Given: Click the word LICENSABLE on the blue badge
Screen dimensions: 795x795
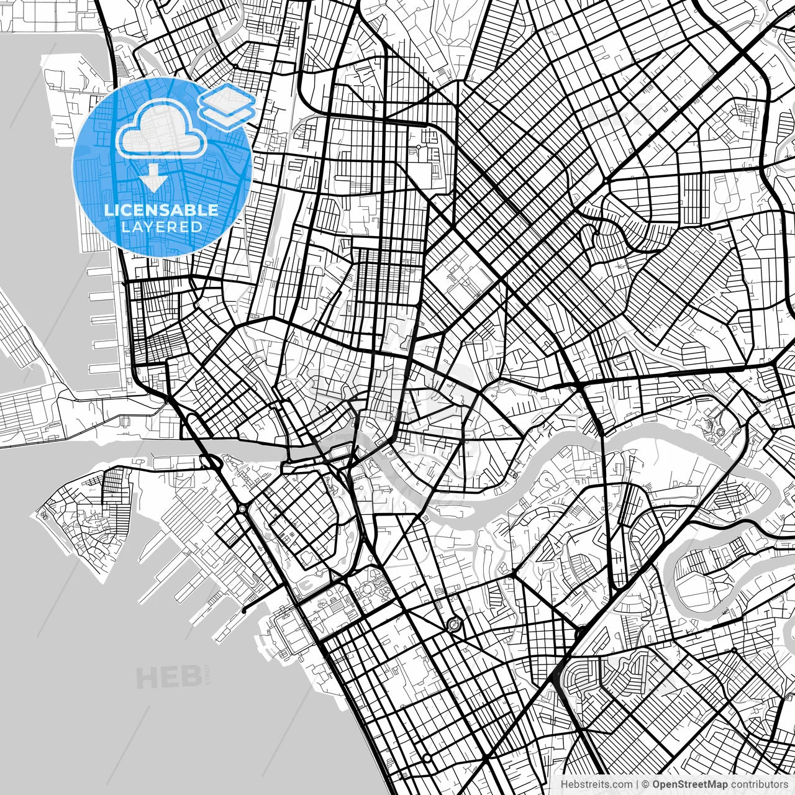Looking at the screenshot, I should point(161,210).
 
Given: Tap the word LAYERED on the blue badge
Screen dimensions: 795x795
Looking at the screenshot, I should point(161,227).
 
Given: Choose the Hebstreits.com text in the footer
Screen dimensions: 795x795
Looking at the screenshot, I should point(597,784).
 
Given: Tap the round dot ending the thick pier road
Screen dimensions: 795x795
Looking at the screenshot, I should point(243,611).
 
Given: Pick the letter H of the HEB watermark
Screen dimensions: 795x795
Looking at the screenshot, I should point(148,677).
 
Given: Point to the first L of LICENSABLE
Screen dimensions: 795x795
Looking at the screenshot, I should point(108,210).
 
